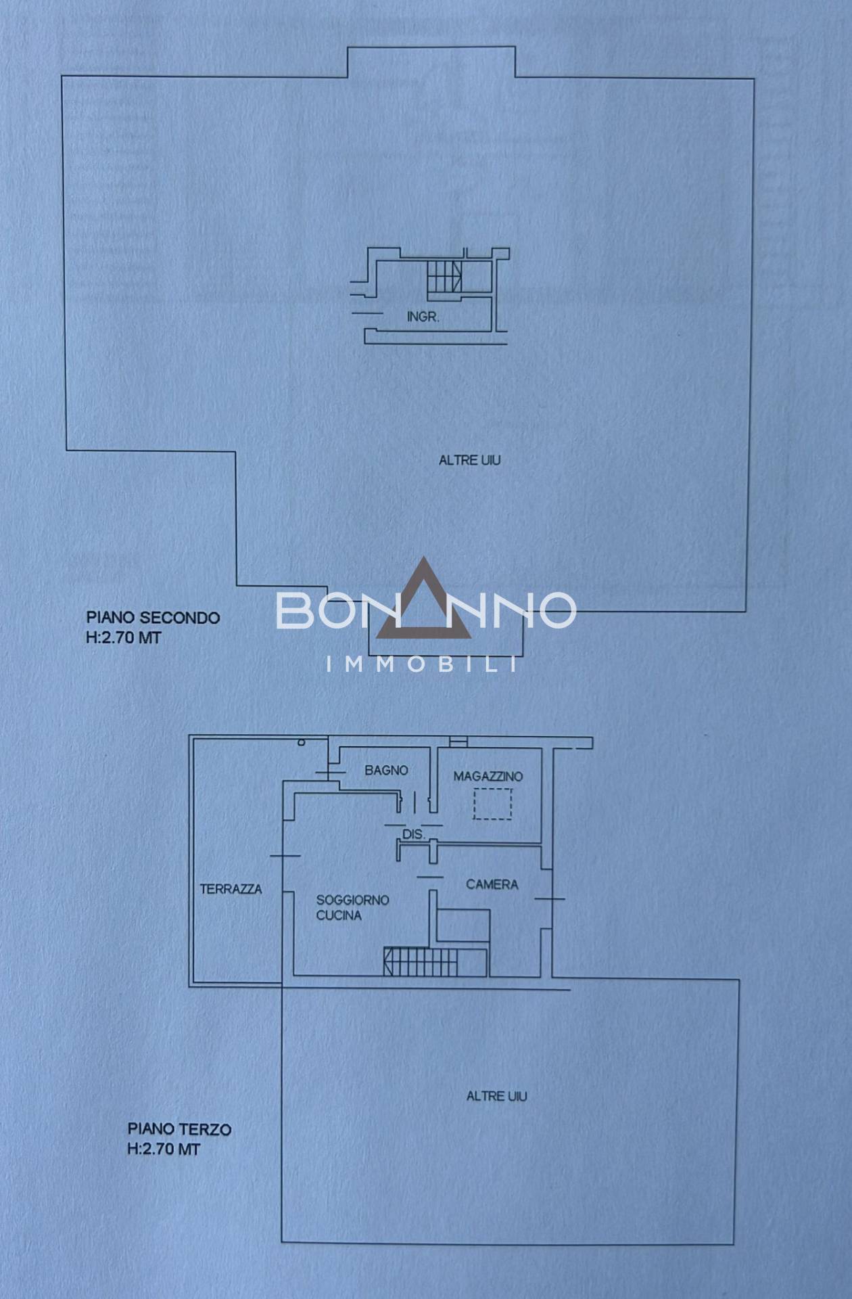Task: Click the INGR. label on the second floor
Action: pos(423,317)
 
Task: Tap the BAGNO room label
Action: pos(386,770)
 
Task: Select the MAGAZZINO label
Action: pos(488,777)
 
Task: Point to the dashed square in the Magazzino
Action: pos(492,804)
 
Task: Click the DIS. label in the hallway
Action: pos(413,835)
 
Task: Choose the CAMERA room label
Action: pos(492,884)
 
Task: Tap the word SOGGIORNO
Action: pos(352,900)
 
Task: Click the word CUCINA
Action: pos(339,915)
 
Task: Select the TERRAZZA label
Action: pos(231,889)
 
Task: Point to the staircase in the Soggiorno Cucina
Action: pos(435,961)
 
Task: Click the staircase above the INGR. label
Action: pos(444,277)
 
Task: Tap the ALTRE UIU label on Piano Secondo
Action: pos(470,460)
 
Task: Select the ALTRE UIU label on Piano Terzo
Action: pos(497,1096)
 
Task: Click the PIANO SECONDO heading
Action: pos(153,618)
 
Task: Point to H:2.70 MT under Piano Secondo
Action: pos(123,638)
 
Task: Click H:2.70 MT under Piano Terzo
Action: pos(164,1149)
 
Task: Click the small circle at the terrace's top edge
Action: pos(302,743)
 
